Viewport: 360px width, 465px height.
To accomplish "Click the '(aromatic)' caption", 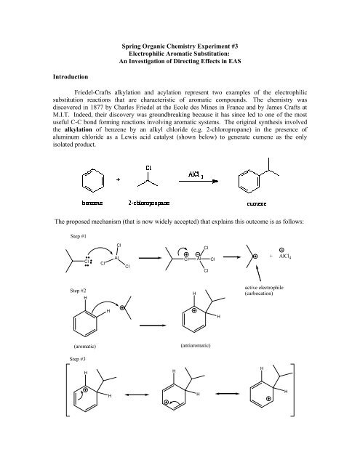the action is [92, 346].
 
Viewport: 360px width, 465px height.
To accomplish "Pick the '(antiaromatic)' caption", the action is [193, 346].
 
